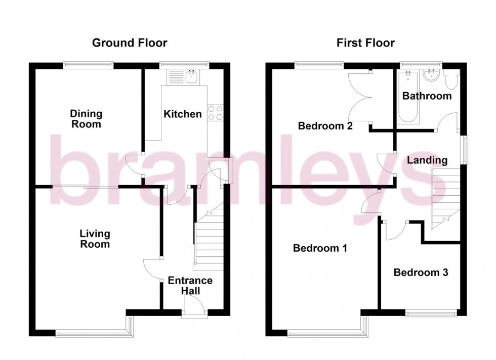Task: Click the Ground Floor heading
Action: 130,43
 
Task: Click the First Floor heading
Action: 366,43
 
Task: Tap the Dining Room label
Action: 86,119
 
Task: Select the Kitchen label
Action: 182,114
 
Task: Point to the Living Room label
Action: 95,239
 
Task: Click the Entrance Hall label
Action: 190,286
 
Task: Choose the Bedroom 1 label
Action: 320,248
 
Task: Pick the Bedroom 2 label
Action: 325,126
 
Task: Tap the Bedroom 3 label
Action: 421,273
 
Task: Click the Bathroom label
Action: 426,96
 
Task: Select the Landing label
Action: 428,160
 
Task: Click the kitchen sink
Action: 192,77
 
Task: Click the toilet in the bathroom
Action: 451,81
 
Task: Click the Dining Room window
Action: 88,64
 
